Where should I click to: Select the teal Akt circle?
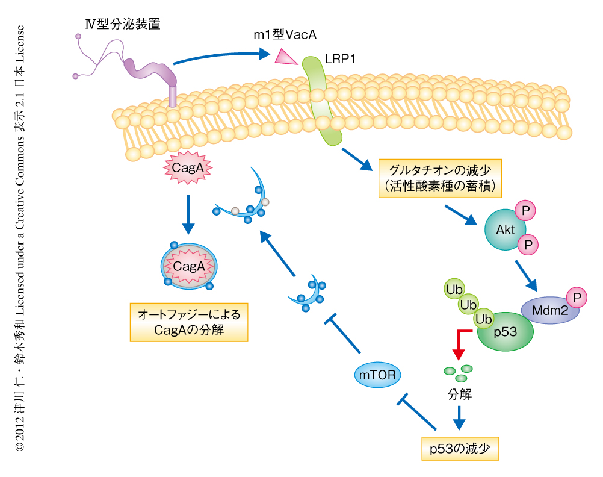[x=505, y=230]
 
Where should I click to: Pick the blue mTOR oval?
[x=377, y=375]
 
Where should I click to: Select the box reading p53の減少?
[x=460, y=449]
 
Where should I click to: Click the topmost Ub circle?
[x=454, y=290]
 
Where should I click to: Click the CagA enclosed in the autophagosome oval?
[x=189, y=266]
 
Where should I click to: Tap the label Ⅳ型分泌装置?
[x=123, y=25]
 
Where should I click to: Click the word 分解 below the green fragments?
[x=459, y=395]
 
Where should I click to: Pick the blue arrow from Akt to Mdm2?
[x=525, y=274]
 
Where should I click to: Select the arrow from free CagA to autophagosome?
[x=188, y=214]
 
